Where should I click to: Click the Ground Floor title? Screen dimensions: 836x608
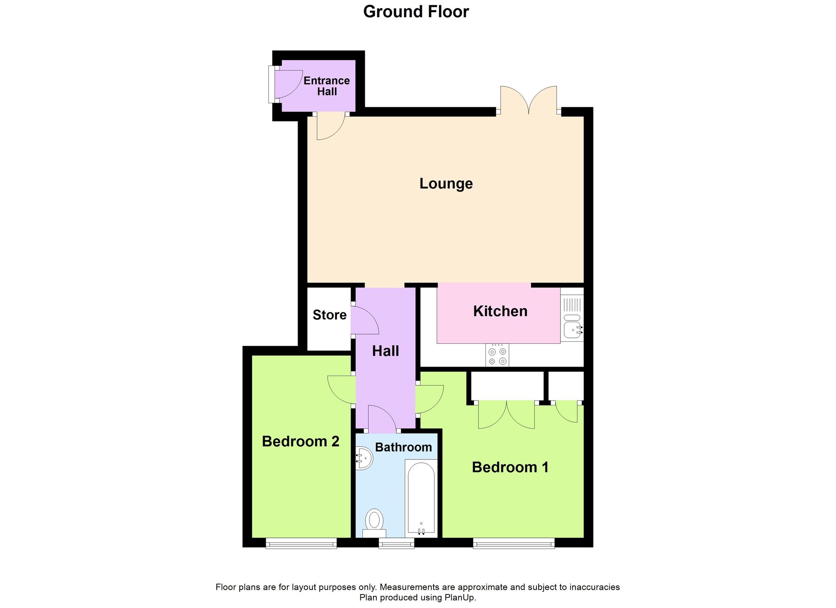pos(416,12)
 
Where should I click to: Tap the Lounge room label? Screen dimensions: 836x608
pos(446,184)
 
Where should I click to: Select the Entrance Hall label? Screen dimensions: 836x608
pos(327,86)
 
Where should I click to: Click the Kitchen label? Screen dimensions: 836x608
pos(500,311)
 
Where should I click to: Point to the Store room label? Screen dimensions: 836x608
pos(329,315)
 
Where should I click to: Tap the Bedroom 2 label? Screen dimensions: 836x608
pos(300,441)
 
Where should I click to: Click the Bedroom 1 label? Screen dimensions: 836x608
pos(510,467)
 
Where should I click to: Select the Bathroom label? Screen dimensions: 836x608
pos(403,447)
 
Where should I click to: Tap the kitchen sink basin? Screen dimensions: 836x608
pos(573,330)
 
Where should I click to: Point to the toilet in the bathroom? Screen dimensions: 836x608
pos(374,523)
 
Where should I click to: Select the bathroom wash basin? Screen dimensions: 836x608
pos(364,458)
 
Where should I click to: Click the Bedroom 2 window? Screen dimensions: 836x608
pos(301,543)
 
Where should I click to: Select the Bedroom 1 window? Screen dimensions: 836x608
pos(514,543)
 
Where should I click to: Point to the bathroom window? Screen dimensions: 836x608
pos(396,543)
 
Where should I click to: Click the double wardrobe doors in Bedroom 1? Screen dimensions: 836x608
pos(506,414)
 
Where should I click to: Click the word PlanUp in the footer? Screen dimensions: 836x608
pos(460,598)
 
